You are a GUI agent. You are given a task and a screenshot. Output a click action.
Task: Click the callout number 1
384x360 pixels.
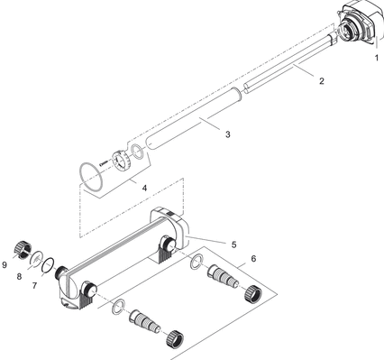tap(377, 58)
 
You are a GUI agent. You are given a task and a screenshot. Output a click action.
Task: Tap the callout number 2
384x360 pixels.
tap(322, 81)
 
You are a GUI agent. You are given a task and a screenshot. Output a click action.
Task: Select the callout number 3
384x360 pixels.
tap(228, 134)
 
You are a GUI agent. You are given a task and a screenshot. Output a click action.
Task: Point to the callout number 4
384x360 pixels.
tap(144, 188)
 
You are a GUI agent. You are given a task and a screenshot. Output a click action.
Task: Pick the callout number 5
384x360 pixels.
tap(233, 245)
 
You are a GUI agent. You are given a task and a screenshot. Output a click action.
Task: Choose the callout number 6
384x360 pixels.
tap(253, 258)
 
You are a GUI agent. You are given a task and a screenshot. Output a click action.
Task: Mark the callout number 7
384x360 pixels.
tap(34, 285)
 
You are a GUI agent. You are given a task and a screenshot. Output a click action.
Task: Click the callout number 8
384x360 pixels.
tap(19, 276)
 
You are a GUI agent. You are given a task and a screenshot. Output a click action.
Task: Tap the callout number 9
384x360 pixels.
tap(5, 264)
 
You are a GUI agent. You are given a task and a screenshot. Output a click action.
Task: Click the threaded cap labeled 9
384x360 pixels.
tap(23, 251)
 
